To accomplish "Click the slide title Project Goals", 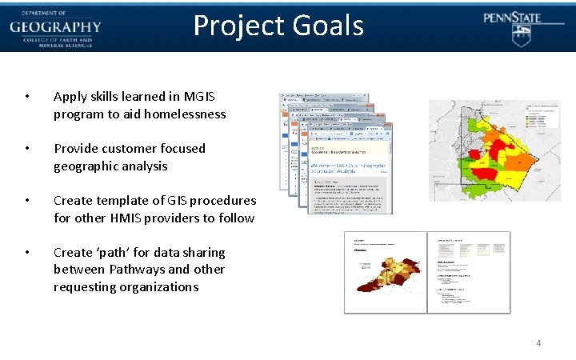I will coord(278,26).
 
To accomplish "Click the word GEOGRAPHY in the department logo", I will coord(55,27).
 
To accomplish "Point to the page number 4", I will coord(538,343).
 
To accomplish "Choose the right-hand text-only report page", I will coord(468,272).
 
